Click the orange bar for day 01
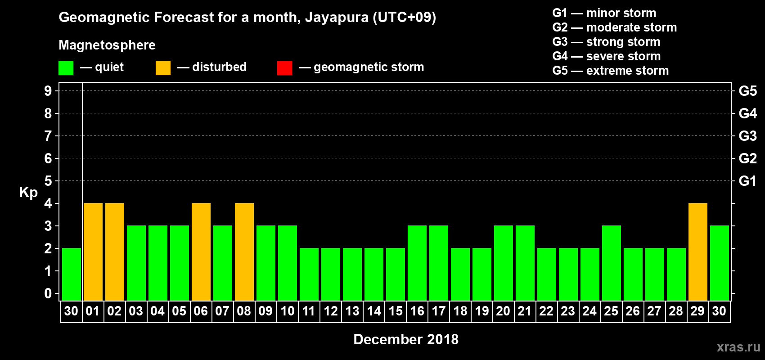pos(93,252)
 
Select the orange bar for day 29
pos(698,252)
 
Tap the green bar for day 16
pos(417,263)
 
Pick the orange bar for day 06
pos(201,252)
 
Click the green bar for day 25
pos(612,263)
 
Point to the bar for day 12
pos(331,274)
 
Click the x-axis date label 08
pos(244,311)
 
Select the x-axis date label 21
pos(525,311)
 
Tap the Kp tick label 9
pos(48,91)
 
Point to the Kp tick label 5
pos(48,181)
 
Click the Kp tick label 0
pos(48,293)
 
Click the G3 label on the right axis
pos(747,136)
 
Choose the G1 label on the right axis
pos(747,181)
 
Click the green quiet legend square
pos(66,68)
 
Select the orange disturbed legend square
pos(163,68)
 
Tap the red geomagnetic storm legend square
pos(284,68)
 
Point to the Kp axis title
pos(28,192)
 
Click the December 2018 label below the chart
pos(406,339)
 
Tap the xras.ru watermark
pos(738,347)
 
